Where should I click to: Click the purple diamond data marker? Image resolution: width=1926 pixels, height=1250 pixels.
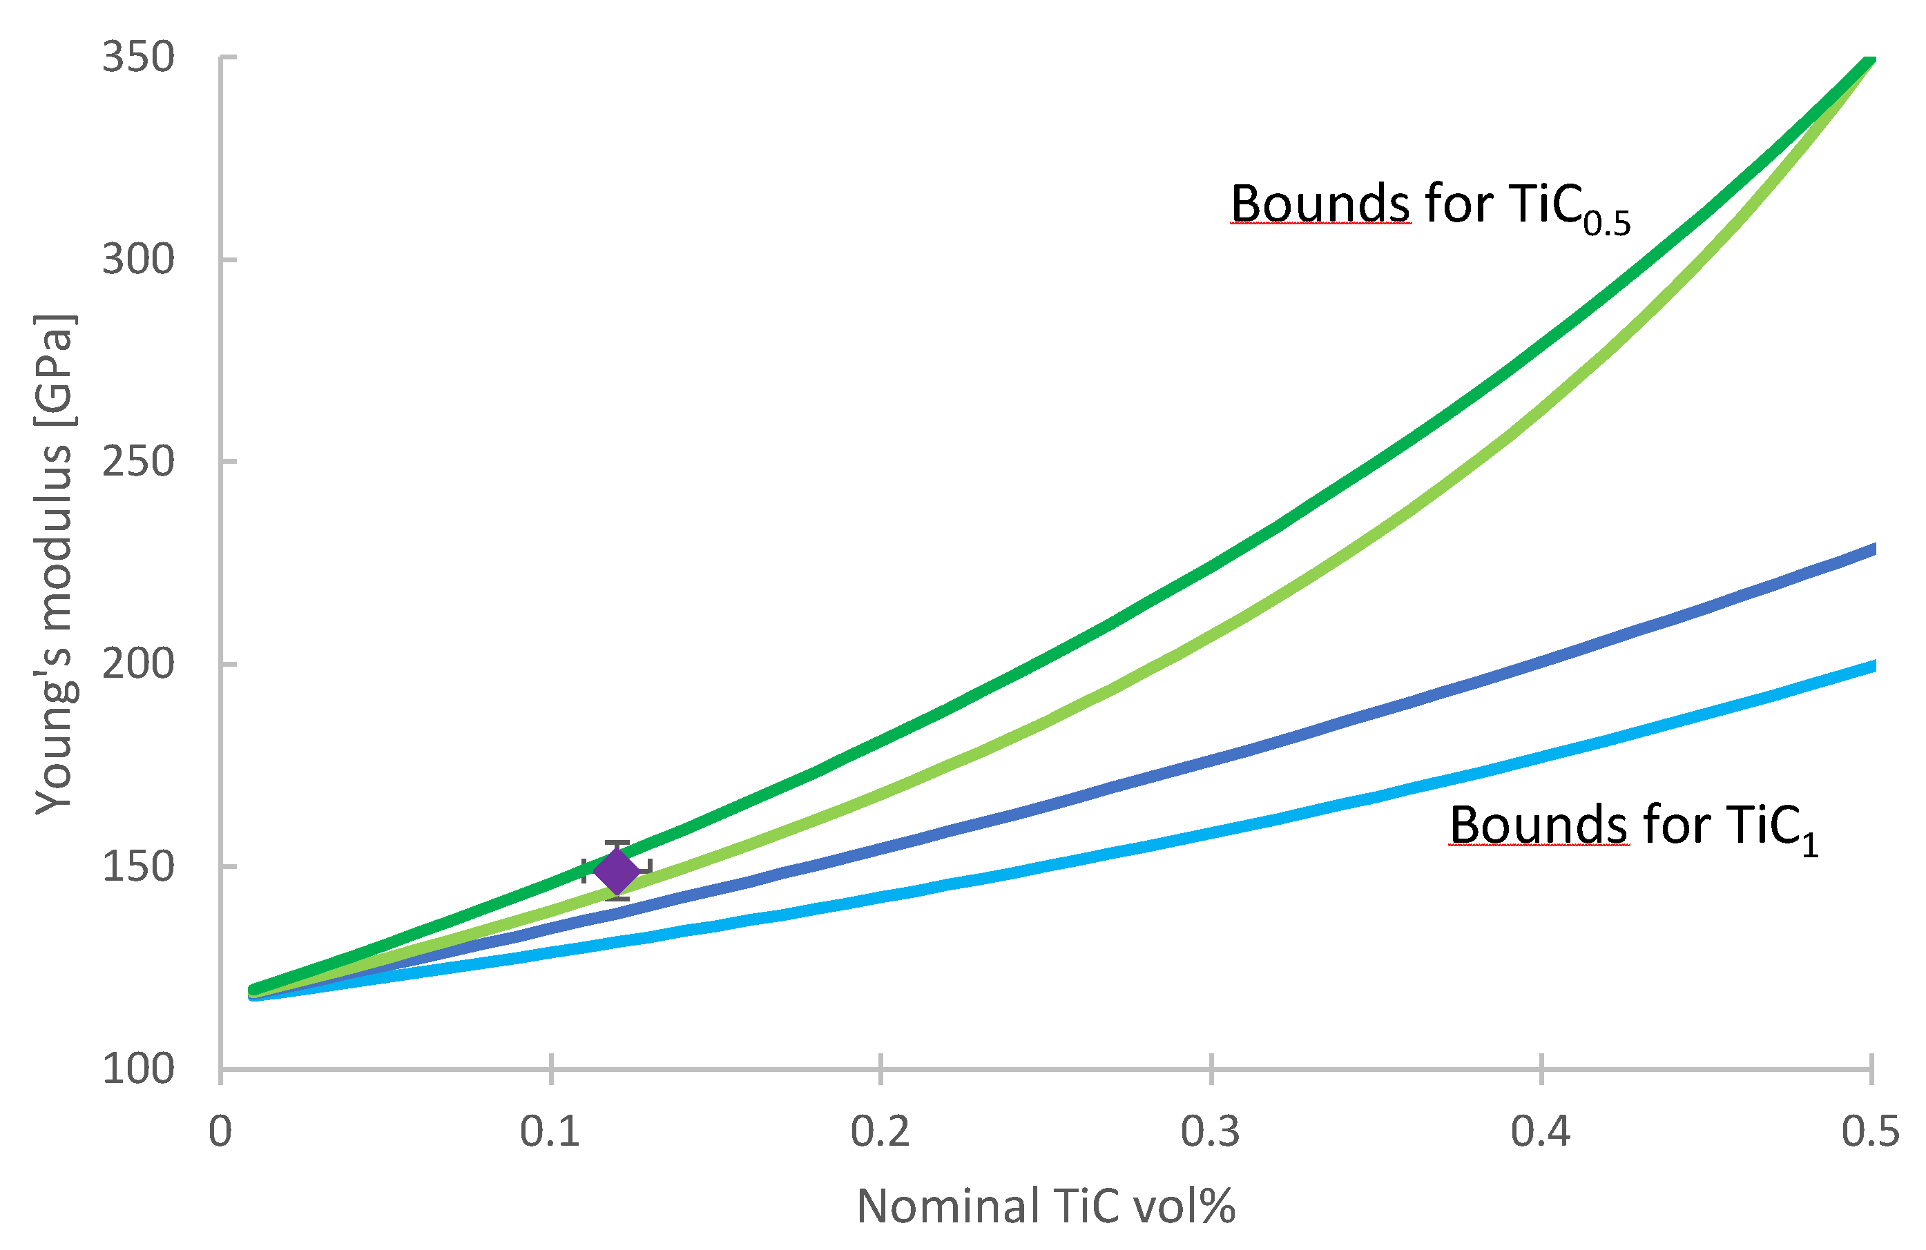(x=617, y=871)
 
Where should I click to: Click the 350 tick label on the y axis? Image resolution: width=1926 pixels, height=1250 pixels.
(x=137, y=57)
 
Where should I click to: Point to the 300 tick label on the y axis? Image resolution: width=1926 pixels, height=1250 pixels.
(x=137, y=260)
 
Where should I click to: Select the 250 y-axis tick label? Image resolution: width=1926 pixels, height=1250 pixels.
(x=137, y=462)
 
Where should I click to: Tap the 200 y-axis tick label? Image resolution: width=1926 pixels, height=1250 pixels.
(x=137, y=664)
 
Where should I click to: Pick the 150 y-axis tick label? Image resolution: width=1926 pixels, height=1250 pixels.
(x=137, y=866)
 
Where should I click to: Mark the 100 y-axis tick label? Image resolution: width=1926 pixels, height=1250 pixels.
(x=137, y=1068)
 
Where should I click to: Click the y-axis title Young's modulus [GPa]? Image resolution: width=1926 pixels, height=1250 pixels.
(x=55, y=564)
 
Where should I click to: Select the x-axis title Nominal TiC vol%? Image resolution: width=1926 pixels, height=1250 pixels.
(x=1046, y=1207)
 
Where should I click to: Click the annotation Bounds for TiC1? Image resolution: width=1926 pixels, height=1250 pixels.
(x=1633, y=828)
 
